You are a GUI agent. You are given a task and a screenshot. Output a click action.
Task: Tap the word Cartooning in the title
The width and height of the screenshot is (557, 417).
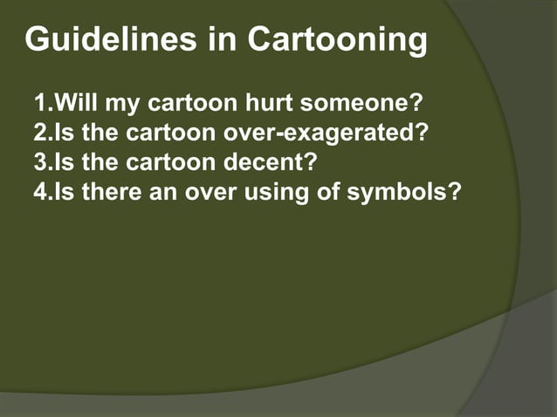338,40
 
